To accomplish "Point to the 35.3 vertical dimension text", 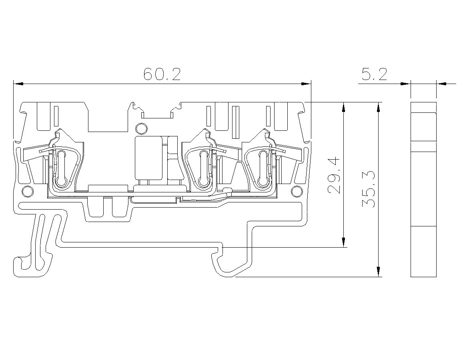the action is (x=369, y=189).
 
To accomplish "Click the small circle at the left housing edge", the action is (x=28, y=192).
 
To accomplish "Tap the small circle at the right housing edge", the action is (x=297, y=192).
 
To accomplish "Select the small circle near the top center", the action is (x=141, y=129).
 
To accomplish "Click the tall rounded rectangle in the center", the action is (x=148, y=158).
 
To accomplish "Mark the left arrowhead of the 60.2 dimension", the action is (x=18, y=84).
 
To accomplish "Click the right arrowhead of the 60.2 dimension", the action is (x=306, y=84).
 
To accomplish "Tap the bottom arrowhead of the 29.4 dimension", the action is (x=343, y=242).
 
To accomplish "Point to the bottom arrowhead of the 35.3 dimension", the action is (x=379, y=272).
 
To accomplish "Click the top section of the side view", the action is (x=423, y=107).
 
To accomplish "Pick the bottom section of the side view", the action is (x=423, y=252).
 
